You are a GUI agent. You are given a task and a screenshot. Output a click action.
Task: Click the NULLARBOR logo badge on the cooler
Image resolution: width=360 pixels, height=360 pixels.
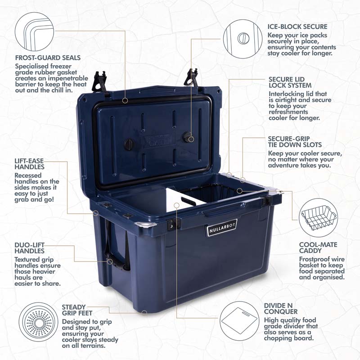pos(222,227)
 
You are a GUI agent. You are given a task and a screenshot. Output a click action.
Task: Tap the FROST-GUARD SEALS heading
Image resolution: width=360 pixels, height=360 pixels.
pos(48,58)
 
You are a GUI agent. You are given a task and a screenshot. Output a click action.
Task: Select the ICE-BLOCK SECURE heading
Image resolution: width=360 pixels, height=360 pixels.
pos(297,27)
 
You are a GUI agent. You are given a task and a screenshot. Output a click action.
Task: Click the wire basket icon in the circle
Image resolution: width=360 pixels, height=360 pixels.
pos(319,218)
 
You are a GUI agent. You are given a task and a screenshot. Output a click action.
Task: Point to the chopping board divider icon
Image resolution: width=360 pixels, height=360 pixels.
pos(239,321)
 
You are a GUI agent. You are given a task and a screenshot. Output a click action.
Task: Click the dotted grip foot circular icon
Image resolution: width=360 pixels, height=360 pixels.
pos(38,322)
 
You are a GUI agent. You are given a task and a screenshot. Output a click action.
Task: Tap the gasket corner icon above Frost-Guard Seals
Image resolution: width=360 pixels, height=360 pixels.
pos(35,31)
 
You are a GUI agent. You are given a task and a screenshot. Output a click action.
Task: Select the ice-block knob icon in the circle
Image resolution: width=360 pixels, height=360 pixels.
pos(243,38)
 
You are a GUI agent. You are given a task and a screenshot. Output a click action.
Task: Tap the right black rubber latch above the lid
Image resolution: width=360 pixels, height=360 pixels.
pos(192,78)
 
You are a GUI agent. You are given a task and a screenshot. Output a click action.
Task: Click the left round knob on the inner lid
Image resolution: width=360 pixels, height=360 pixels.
pos(129,144)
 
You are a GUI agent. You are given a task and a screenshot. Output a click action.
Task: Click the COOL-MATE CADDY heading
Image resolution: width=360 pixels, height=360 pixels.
pos(318,248)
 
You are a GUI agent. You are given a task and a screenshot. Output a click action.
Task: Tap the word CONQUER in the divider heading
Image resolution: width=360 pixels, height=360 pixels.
pos(280,311)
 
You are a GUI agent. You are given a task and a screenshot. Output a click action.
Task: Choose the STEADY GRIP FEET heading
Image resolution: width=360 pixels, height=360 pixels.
pos(77,310)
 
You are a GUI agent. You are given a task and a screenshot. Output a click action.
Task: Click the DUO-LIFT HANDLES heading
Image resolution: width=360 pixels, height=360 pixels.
pos(29,248)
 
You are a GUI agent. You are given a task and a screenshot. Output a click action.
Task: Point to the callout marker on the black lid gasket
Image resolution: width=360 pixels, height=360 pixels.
pos(125,100)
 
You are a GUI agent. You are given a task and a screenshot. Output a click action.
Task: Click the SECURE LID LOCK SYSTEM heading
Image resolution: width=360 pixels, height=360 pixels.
pos(290,82)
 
